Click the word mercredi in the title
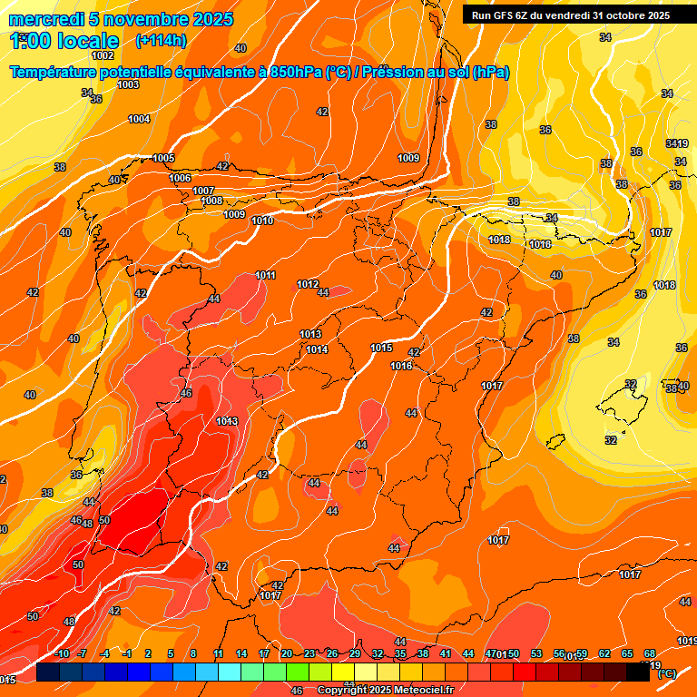[44, 19]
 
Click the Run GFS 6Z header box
[570, 15]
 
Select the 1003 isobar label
[128, 84]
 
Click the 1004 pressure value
[139, 119]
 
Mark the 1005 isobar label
[163, 158]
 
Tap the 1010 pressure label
[262, 221]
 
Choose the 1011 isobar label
[265, 275]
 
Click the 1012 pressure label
[308, 284]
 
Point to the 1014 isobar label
[317, 349]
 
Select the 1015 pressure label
[381, 348]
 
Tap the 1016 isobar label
[401, 366]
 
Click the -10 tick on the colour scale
[62, 653]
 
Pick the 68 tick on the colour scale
[650, 653]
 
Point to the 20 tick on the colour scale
[287, 653]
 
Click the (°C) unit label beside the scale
[667, 673]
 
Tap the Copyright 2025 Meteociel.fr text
[385, 690]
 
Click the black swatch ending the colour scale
[638, 672]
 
